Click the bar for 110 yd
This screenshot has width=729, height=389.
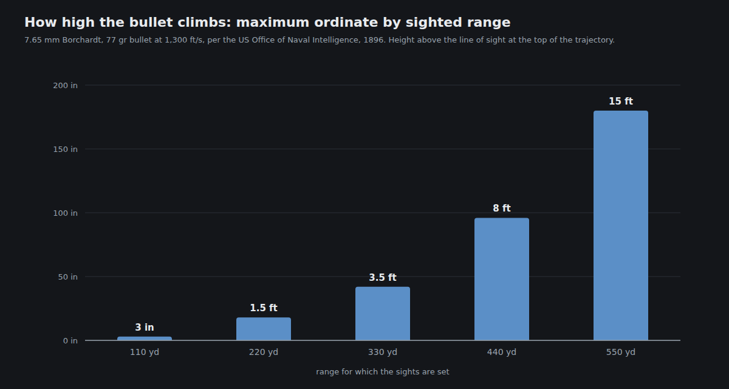145,339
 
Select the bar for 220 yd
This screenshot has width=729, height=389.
264,329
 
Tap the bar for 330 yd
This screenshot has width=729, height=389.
383,314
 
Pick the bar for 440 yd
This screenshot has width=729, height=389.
502,279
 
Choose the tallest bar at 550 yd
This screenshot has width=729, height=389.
621,225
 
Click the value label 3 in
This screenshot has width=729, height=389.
145,327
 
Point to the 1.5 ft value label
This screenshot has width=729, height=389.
264,308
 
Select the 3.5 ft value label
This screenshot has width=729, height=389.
383,277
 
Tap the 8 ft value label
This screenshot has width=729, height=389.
502,208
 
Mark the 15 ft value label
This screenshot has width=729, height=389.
621,101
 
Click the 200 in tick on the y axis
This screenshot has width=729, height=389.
66,85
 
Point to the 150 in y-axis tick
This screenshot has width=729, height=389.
66,149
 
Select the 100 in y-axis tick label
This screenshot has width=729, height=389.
66,213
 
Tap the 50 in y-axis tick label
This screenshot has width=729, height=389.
67,277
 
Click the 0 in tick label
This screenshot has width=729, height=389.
70,340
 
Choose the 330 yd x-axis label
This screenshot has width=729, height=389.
383,352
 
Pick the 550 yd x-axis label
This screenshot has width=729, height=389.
621,352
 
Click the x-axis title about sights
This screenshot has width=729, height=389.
383,372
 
